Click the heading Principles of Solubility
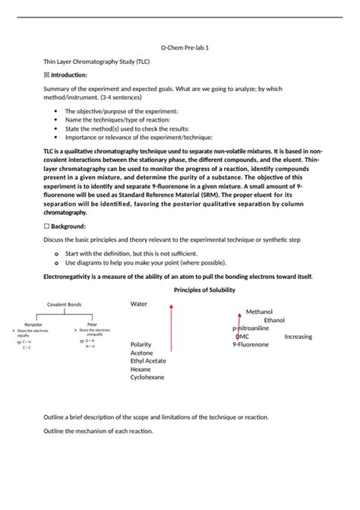pyautogui.click(x=204, y=290)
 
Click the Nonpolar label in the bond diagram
pyautogui.click(x=33, y=325)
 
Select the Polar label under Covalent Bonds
pyautogui.click(x=92, y=324)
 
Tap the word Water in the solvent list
pyautogui.click(x=138, y=303)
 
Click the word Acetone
pyautogui.click(x=141, y=353)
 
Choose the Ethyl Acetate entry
pyautogui.click(x=150, y=361)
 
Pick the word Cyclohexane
pyautogui.click(x=147, y=377)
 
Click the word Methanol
pyautogui.click(x=259, y=312)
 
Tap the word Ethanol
pyautogui.click(x=274, y=320)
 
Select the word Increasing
pyautogui.click(x=298, y=336)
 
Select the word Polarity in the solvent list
pyautogui.click(x=141, y=344)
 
